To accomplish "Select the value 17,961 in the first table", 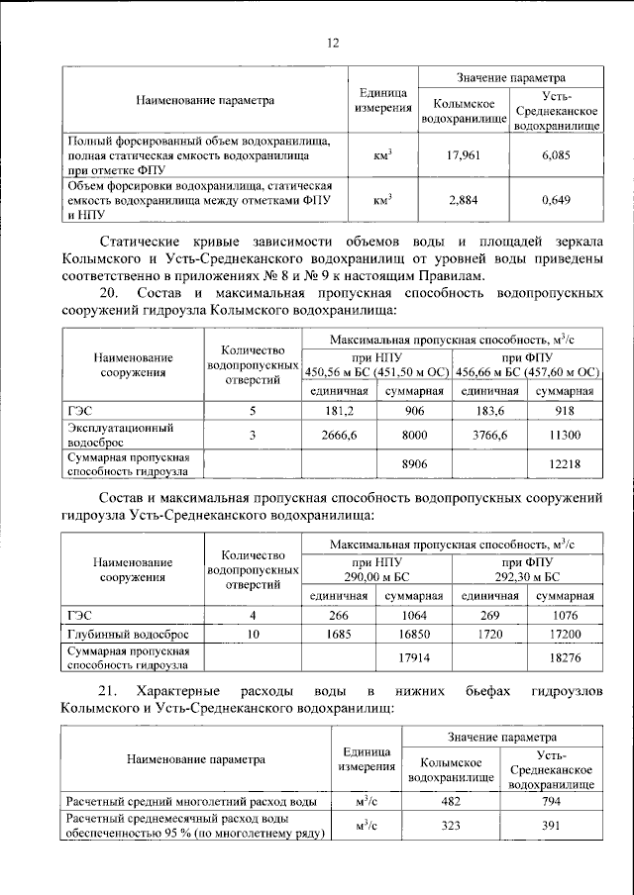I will pyautogui.click(x=458, y=154).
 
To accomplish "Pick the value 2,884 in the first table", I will pyautogui.click(x=458, y=199).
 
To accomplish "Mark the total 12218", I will pyautogui.click(x=565, y=462).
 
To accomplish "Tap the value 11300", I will pyautogui.click(x=565, y=435).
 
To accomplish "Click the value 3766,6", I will pyautogui.click(x=489, y=435).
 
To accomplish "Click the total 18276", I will pyautogui.click(x=565, y=656).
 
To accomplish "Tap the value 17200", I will pyautogui.click(x=565, y=633).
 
